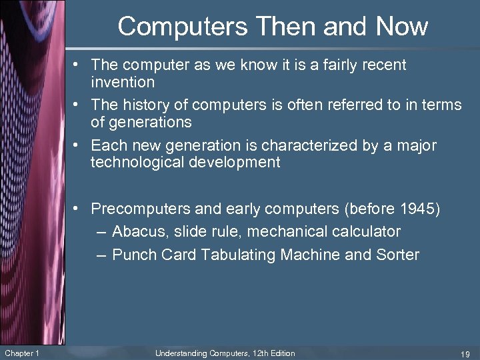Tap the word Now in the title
click(x=401, y=27)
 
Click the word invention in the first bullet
click(x=123, y=82)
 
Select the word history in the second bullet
click(x=145, y=105)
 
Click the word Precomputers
click(x=140, y=209)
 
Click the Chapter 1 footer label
click(x=21, y=353)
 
